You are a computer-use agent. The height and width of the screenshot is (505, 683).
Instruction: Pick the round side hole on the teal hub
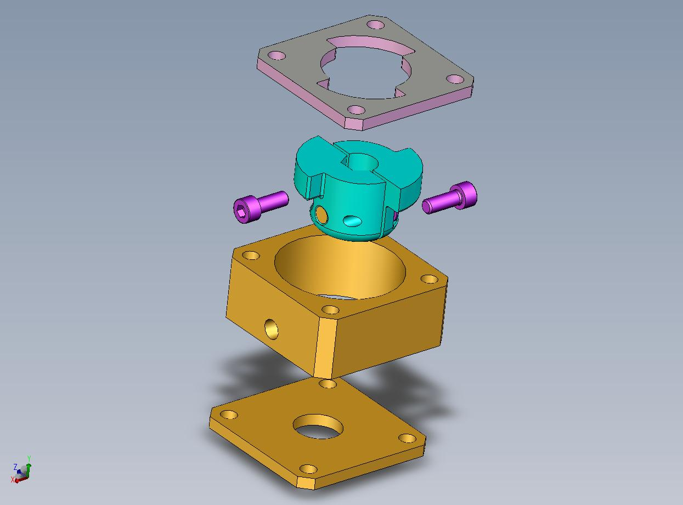(322, 214)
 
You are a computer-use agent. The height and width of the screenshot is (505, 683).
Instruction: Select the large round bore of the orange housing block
(340, 267)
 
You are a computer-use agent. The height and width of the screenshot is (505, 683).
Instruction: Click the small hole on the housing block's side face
(272, 329)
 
